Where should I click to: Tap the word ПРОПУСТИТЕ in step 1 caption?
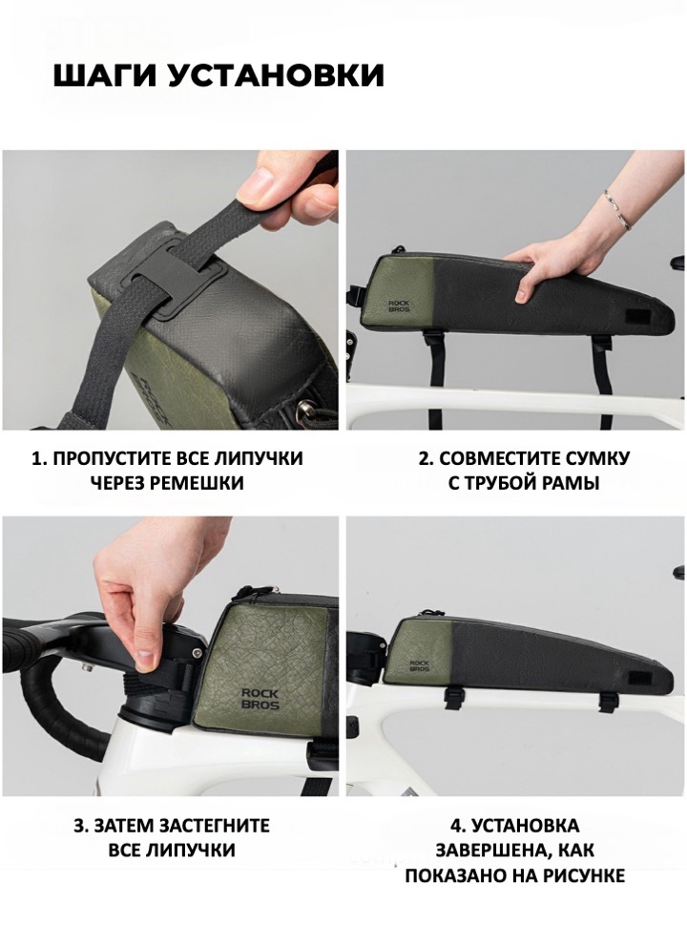click(x=114, y=458)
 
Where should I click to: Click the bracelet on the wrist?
click(x=616, y=209)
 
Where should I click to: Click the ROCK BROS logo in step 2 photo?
click(x=399, y=305)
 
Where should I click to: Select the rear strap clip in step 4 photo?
click(x=607, y=701)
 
